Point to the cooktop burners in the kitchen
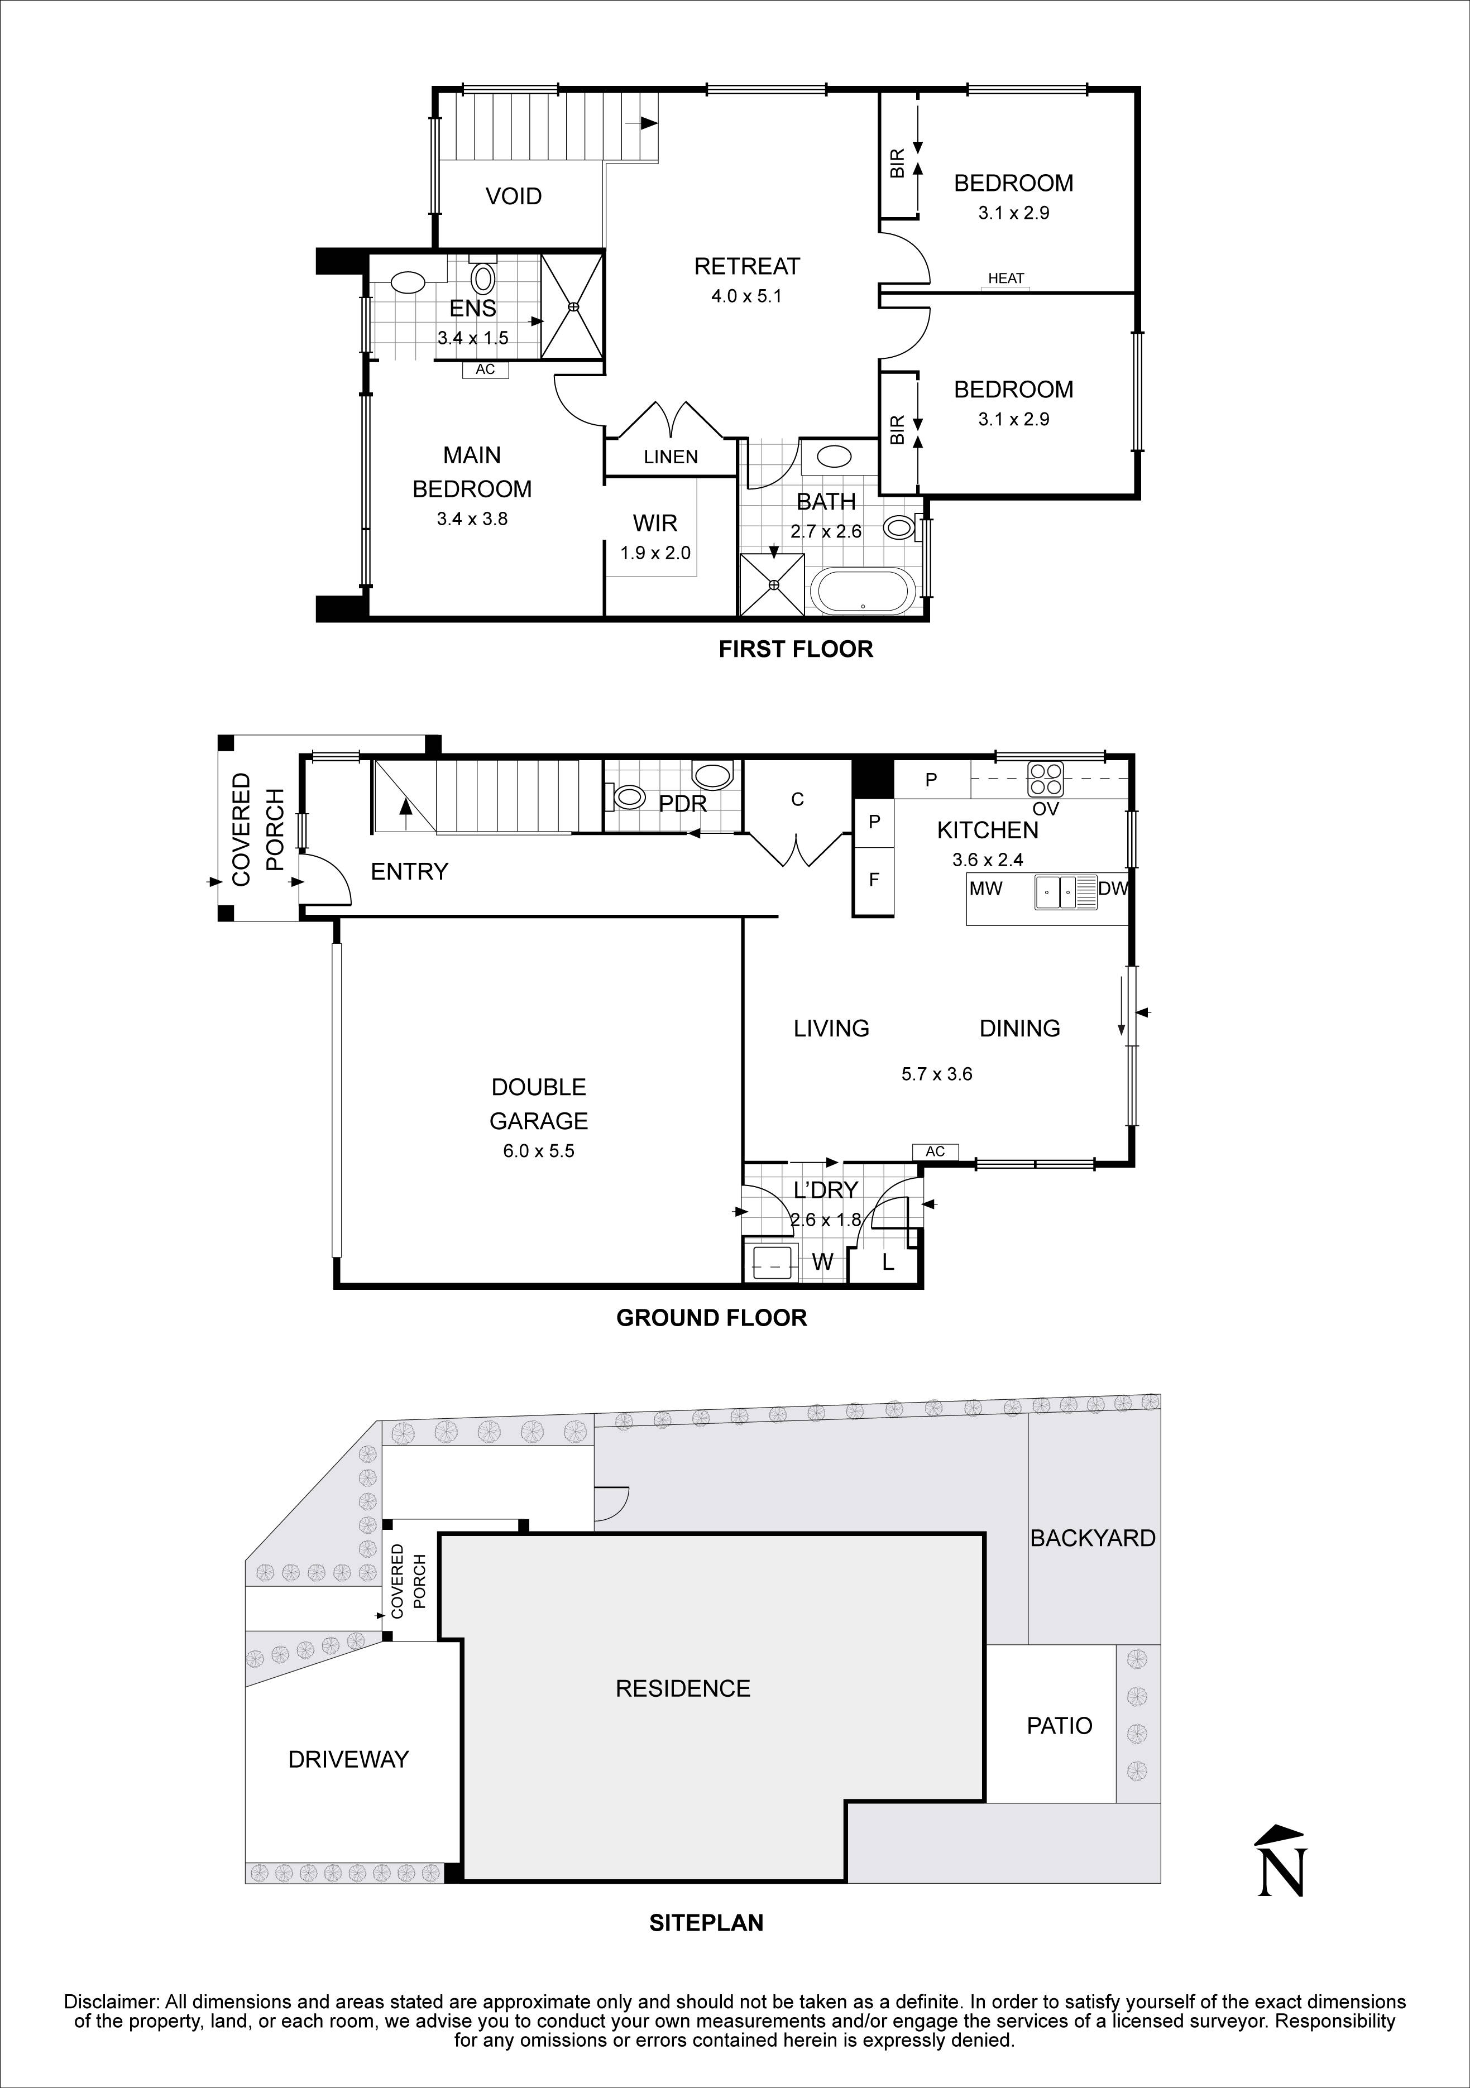1045,779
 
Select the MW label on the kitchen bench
985,889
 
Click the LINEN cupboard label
671,458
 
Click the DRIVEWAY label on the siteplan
348,1759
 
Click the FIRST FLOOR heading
795,649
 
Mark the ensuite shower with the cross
573,308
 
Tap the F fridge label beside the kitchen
874,880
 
